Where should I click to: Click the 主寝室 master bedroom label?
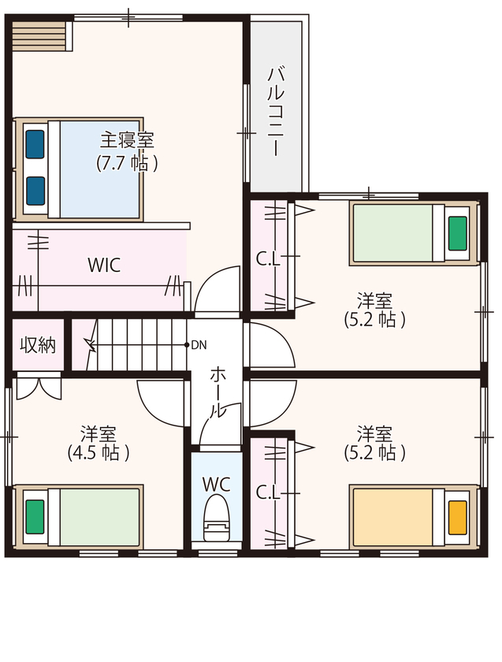(127, 140)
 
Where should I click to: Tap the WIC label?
(104, 265)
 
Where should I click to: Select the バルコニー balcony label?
(275, 111)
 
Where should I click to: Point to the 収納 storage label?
(38, 346)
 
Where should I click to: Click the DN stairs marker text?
(199, 345)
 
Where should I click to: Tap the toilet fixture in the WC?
(217, 519)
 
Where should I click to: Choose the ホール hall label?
(218, 392)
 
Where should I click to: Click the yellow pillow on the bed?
(458, 518)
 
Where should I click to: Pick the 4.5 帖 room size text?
(99, 453)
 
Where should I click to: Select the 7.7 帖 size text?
(127, 163)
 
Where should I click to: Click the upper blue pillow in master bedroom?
(35, 144)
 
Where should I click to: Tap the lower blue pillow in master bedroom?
(35, 191)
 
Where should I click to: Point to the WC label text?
(217, 485)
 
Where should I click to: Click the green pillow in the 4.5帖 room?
(35, 517)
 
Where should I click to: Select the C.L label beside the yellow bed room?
(268, 493)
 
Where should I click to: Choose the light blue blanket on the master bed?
(99, 169)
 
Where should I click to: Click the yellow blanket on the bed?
(393, 518)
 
